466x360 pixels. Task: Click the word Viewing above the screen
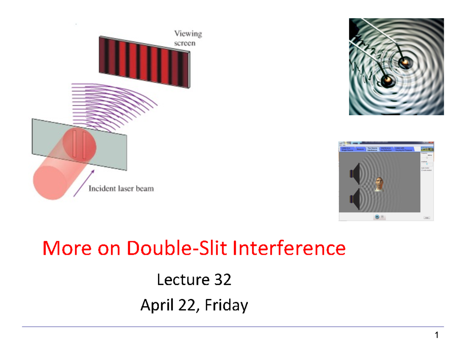(188, 34)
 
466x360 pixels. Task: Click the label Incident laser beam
(121, 189)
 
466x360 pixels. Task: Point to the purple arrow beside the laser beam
(84, 183)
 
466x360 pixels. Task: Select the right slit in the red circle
(84, 146)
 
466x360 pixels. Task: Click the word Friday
(226, 306)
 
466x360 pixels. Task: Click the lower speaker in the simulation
(355, 199)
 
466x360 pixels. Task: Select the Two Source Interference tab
(372, 149)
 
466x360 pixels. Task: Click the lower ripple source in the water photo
(388, 80)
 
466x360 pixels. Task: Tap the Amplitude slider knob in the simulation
(427, 164)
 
